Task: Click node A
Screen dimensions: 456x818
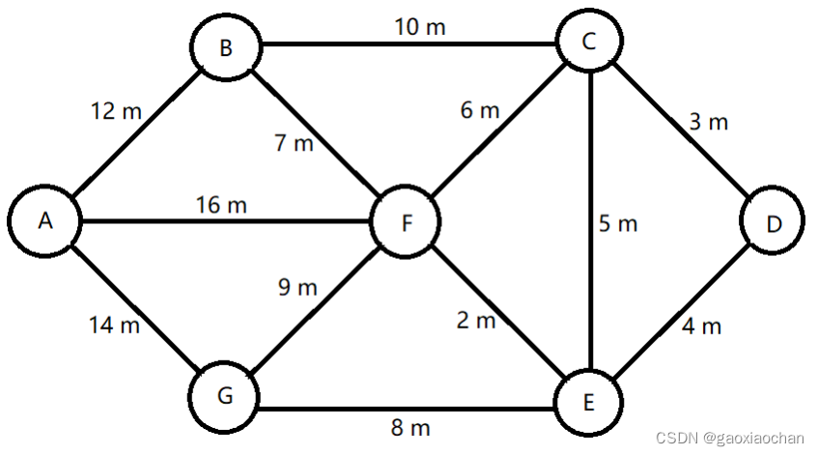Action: [44, 221]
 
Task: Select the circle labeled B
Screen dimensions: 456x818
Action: [225, 47]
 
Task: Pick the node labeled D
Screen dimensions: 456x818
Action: [774, 223]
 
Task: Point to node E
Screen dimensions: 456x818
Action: [588, 401]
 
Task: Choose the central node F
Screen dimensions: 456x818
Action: [407, 223]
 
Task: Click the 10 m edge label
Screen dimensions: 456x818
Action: [420, 26]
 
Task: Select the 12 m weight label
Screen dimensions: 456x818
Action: [116, 111]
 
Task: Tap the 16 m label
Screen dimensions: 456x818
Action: [221, 205]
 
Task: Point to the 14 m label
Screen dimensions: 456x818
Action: [114, 326]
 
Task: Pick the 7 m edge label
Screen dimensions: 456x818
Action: [295, 144]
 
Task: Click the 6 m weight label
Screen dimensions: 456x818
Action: [480, 110]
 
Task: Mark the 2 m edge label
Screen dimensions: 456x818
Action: [476, 321]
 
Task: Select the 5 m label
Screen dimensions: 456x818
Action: [618, 224]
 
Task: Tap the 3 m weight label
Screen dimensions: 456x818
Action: [708, 122]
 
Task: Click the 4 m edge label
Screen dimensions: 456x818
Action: [702, 327]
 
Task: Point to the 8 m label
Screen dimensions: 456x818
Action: [411, 426]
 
